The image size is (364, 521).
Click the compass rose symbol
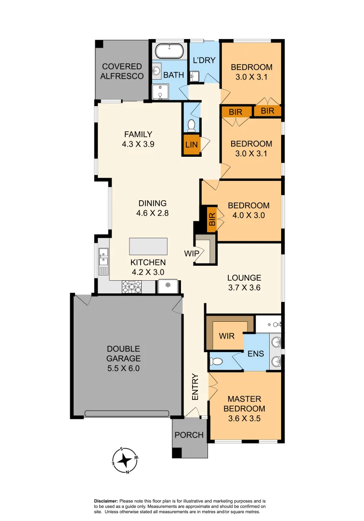tap(126, 461)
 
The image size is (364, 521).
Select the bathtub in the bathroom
tap(169, 51)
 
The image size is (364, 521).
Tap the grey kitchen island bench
tap(148, 247)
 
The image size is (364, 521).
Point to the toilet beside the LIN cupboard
tap(191, 125)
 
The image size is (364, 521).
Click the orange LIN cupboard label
tap(191, 145)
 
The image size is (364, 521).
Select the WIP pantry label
tap(191, 253)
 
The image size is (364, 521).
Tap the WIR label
tap(227, 335)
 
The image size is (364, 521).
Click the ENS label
tap(256, 354)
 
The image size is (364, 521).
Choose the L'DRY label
tap(204, 60)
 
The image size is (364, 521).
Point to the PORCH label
tap(189, 435)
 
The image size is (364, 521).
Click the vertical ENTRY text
tap(195, 387)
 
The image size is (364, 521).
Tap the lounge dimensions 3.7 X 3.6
tap(244, 288)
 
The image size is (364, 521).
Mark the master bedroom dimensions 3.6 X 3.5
tap(244, 418)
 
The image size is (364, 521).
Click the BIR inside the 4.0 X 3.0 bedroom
tap(212, 219)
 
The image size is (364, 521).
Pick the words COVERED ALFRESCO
tap(122, 71)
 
